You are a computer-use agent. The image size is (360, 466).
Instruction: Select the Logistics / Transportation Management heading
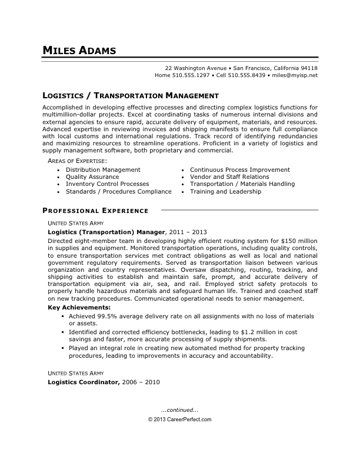click(x=131, y=95)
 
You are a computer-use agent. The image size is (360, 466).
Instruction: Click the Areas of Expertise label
click(x=76, y=161)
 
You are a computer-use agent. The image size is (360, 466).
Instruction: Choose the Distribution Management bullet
click(x=103, y=169)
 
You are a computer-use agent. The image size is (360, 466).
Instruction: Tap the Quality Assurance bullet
click(x=92, y=177)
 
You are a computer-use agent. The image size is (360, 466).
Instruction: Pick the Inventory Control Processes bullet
click(x=107, y=184)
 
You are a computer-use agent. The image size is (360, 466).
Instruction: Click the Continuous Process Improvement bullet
click(x=239, y=169)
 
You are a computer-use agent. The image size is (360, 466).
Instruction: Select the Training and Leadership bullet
click(x=225, y=192)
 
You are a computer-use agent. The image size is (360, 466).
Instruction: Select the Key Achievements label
click(x=78, y=308)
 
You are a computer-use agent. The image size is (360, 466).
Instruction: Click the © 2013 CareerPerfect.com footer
click(x=179, y=420)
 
